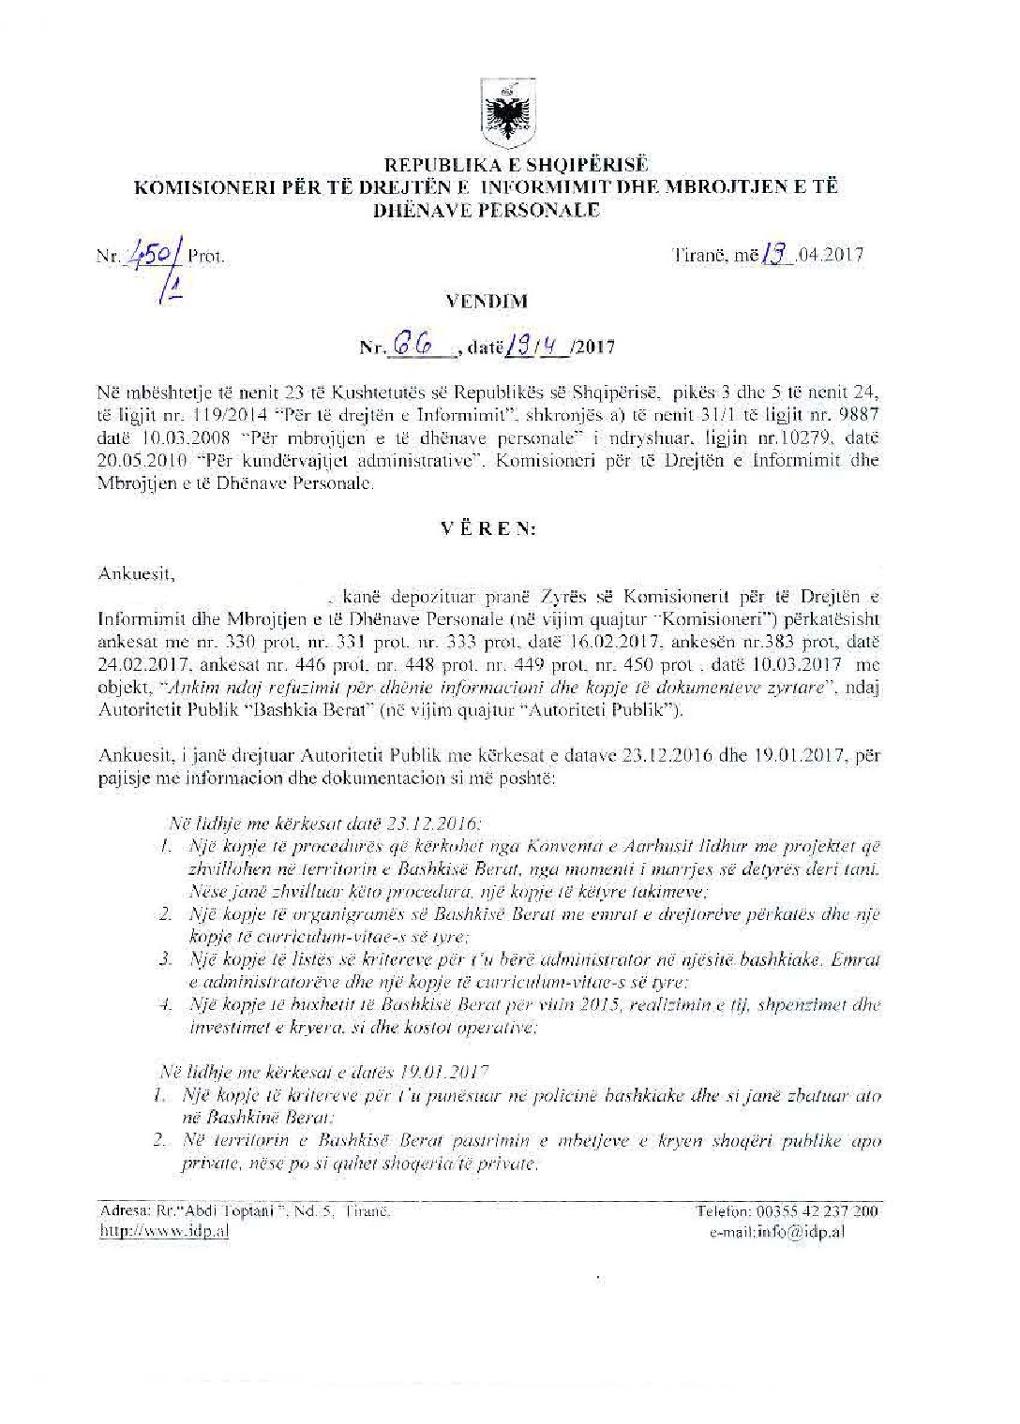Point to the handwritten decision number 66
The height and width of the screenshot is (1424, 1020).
click(x=412, y=346)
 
